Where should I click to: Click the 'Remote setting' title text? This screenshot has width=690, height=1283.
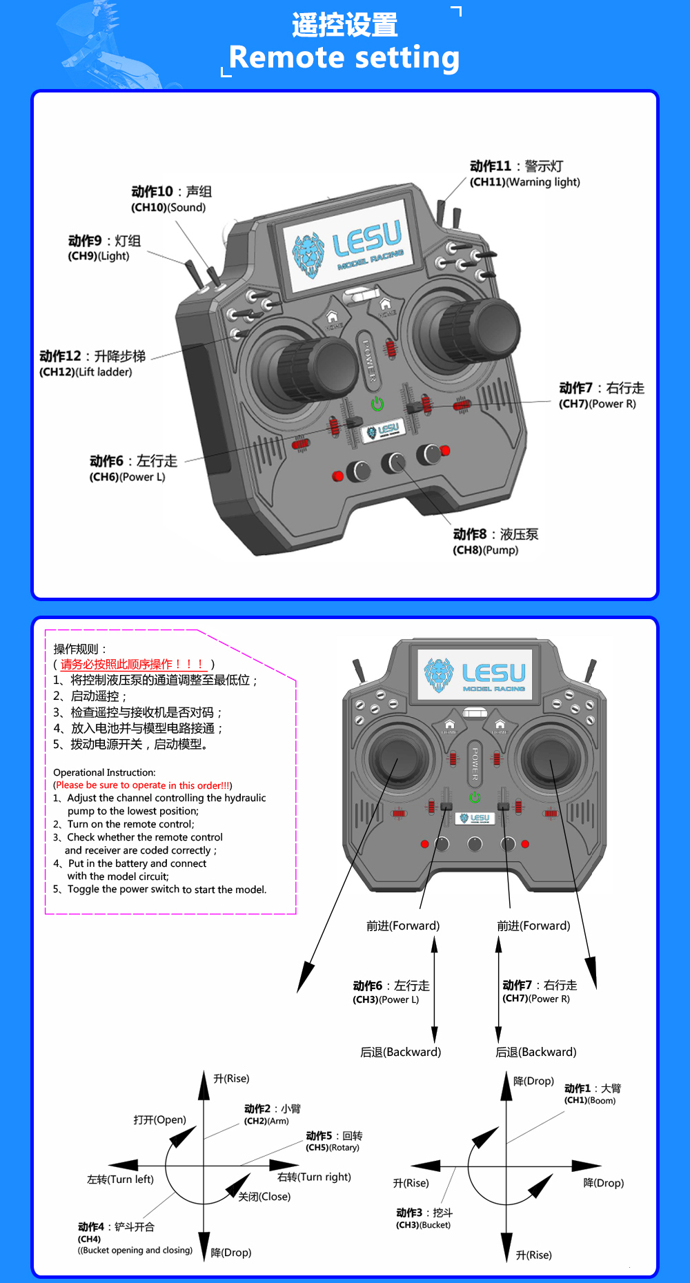344,57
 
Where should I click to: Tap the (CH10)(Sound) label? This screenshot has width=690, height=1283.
168,207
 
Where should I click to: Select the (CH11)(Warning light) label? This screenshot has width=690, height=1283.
524,182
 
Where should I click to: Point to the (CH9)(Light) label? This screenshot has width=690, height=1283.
98,256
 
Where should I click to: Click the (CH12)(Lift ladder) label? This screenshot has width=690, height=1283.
86,372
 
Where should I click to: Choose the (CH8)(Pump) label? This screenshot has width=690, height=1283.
485,550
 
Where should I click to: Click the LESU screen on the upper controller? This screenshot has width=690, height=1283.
349,246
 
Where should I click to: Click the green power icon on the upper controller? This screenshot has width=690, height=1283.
377,404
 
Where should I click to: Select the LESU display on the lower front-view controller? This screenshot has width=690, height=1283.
475,674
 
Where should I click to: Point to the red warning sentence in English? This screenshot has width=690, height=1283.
143,785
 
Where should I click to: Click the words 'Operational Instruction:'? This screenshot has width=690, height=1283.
104,772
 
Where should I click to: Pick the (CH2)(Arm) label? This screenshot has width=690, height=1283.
266,1121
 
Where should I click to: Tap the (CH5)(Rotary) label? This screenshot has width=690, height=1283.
333,1148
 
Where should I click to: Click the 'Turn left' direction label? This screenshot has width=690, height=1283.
120,1179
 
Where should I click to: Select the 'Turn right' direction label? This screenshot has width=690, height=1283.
314,1177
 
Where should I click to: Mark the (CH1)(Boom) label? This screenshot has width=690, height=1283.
590,1100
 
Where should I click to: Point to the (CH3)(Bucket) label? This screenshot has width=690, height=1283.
423,1225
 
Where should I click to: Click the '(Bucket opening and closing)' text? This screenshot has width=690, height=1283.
135,1250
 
